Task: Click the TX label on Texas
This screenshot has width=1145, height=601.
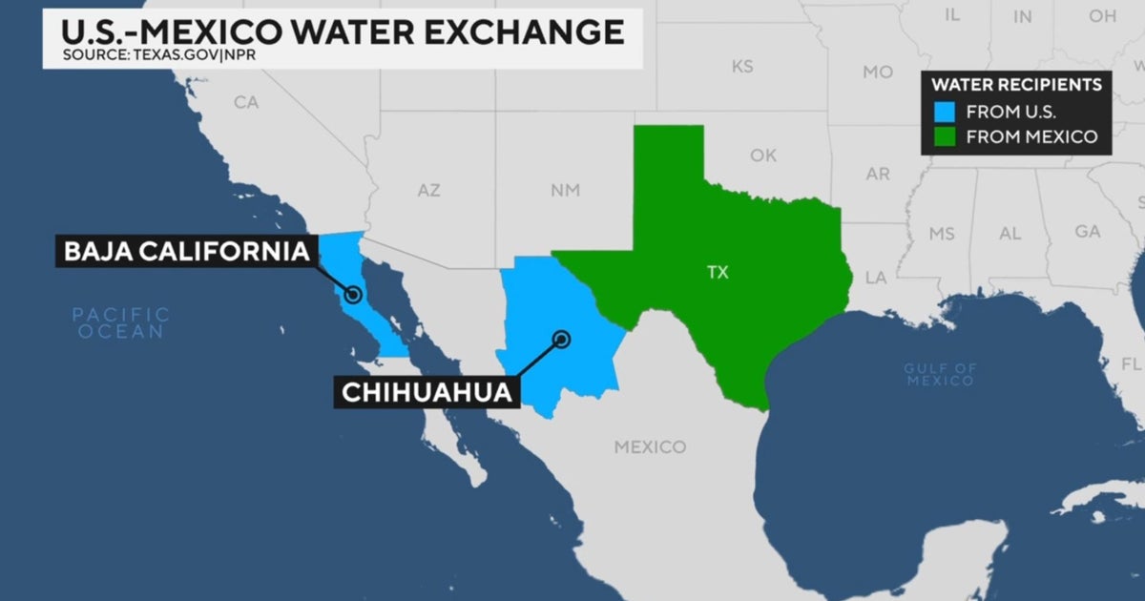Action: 718,273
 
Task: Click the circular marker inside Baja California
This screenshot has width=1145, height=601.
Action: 353,295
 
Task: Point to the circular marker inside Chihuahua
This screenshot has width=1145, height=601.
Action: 562,338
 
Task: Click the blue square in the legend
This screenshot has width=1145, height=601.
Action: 945,111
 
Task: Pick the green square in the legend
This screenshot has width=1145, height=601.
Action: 945,136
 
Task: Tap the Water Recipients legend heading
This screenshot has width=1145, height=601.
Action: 1017,85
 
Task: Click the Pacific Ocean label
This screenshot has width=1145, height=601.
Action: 121,322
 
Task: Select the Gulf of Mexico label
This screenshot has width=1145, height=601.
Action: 940,374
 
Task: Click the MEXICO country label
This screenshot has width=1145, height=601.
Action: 650,446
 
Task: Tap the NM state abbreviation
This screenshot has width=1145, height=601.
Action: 565,191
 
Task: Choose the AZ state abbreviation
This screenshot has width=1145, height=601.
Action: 428,191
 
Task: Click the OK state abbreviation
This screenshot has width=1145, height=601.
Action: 763,155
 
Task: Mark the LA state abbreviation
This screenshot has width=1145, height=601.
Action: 875,278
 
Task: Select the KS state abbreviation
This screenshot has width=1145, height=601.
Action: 741,67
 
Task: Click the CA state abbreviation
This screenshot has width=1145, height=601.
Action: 246,102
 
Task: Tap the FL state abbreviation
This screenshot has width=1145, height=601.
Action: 1131,364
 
